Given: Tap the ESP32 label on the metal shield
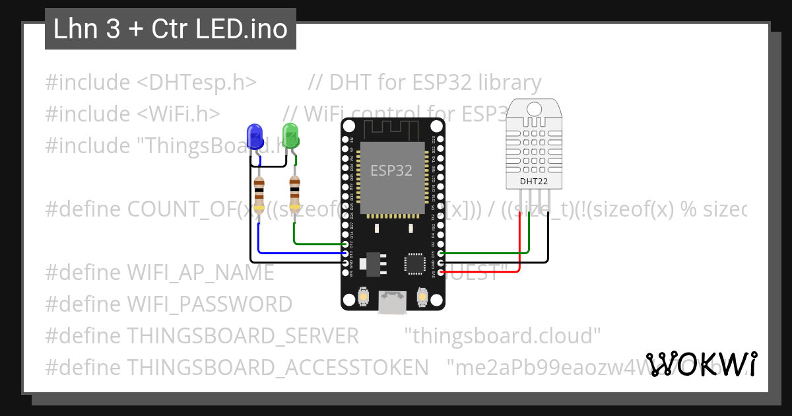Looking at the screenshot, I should click(391, 170).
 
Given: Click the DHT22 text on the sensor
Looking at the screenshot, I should click(533, 181).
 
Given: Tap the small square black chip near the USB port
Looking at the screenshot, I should click(416, 263).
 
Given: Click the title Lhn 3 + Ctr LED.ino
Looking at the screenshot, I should click(170, 30).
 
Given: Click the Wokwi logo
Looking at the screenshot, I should click(701, 364).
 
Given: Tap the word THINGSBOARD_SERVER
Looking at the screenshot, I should click(243, 335).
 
